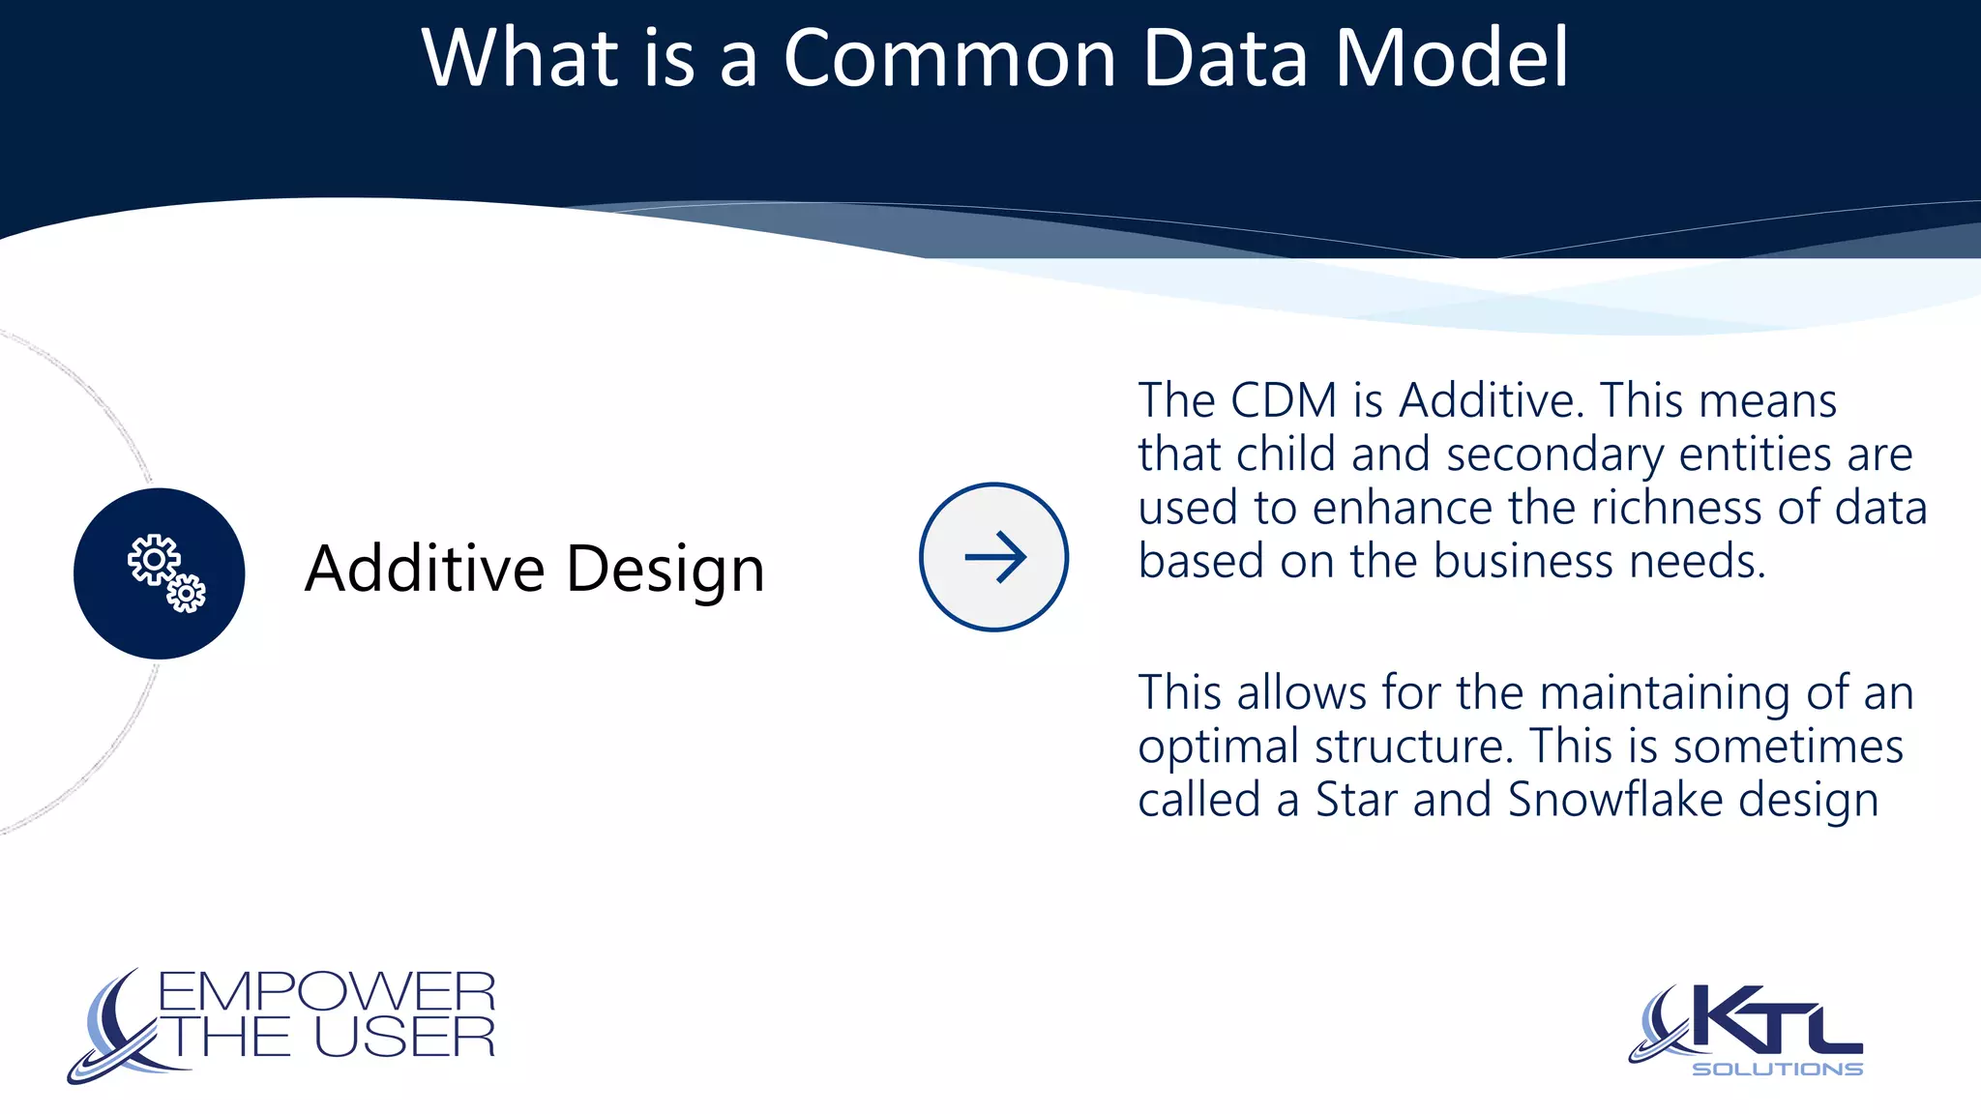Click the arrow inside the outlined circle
click(x=994, y=557)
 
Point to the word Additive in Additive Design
click(x=424, y=569)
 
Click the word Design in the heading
click(x=665, y=571)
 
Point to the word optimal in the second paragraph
click(x=1218, y=748)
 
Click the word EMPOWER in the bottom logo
click(x=326, y=992)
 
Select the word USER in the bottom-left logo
click(x=404, y=1038)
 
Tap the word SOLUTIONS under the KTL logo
click(x=1777, y=1069)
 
